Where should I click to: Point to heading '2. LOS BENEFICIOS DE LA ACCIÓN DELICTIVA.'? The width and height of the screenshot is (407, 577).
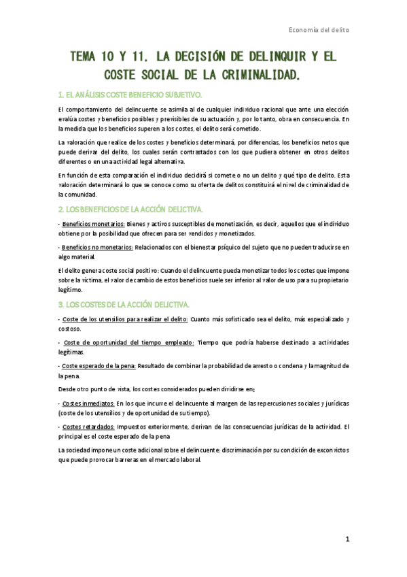coord(130,208)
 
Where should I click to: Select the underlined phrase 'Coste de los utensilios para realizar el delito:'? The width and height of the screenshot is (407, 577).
coord(126,318)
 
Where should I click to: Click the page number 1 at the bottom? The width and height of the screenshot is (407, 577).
coord(347,540)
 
